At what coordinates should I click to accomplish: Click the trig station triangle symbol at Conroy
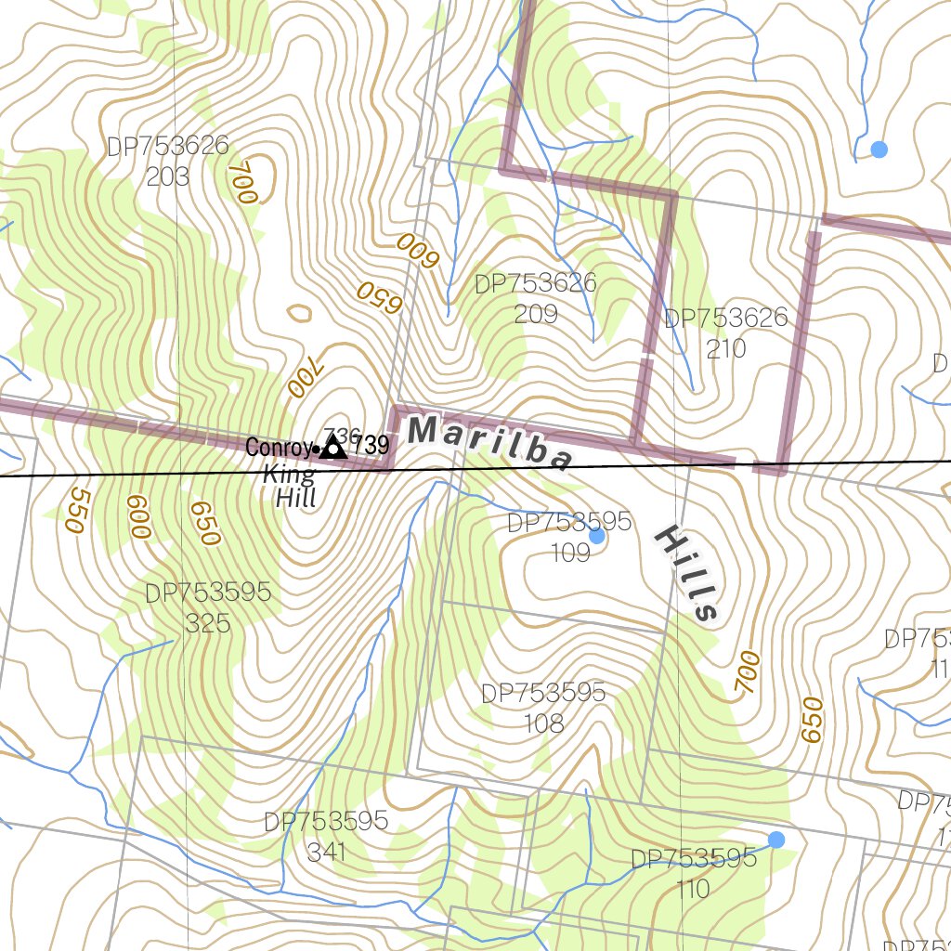pyautogui.click(x=332, y=449)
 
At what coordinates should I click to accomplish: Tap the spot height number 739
pyautogui.click(x=371, y=446)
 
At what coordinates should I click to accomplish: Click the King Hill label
pyautogui.click(x=291, y=486)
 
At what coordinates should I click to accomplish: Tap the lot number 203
pyautogui.click(x=168, y=176)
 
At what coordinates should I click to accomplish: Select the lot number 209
pyautogui.click(x=536, y=313)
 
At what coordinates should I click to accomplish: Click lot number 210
pyautogui.click(x=726, y=348)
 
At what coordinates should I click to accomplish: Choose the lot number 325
pyautogui.click(x=208, y=622)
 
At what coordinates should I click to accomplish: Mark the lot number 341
pyautogui.click(x=326, y=852)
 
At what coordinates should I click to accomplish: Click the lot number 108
pyautogui.click(x=543, y=723)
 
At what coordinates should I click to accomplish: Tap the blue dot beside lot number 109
pyautogui.click(x=597, y=536)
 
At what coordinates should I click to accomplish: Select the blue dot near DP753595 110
pyautogui.click(x=776, y=840)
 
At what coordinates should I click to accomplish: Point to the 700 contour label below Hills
pyautogui.click(x=748, y=672)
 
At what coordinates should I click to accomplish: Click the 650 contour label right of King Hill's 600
pyautogui.click(x=204, y=523)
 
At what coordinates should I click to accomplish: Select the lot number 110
pyautogui.click(x=694, y=890)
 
